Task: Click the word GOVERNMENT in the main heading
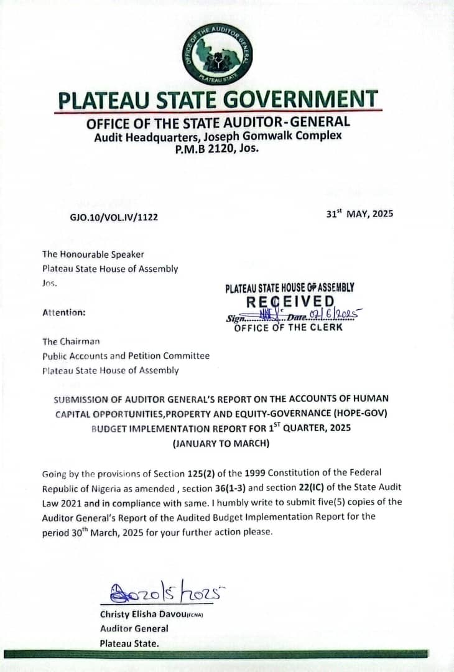[x=302, y=99]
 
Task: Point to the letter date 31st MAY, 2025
[x=359, y=214]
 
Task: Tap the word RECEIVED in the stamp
[x=290, y=302]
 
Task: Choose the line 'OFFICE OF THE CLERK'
[x=288, y=327]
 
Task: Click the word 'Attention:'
[x=63, y=312]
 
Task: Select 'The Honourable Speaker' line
[x=93, y=254]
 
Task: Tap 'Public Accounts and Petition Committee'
[x=126, y=356]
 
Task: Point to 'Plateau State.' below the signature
[x=129, y=643]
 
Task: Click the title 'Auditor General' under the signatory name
[x=134, y=628]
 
